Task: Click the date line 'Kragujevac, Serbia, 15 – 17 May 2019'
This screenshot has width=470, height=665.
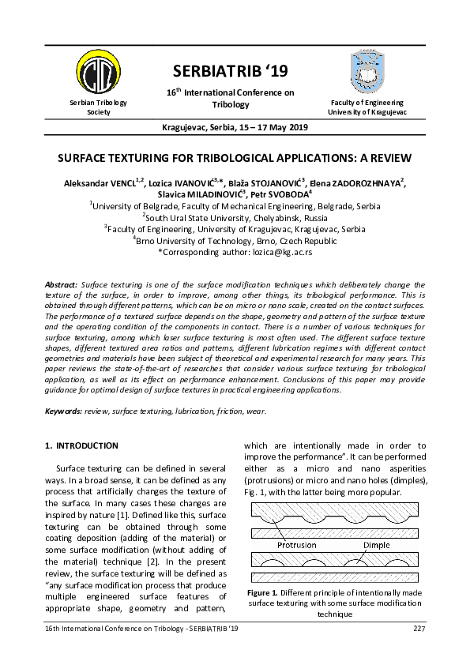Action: pyautogui.click(x=235, y=127)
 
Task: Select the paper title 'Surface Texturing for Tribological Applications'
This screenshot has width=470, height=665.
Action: pyautogui.click(x=235, y=156)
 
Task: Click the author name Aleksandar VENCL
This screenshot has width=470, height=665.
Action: pyautogui.click(x=101, y=183)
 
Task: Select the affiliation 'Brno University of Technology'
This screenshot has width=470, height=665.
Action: pyautogui.click(x=235, y=241)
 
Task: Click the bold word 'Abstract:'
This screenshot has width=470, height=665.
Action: pyautogui.click(x=62, y=284)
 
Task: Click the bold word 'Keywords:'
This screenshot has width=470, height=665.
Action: pyautogui.click(x=64, y=411)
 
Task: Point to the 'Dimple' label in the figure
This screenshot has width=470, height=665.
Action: pyautogui.click(x=376, y=546)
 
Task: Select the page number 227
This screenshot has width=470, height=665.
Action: pyautogui.click(x=419, y=628)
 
